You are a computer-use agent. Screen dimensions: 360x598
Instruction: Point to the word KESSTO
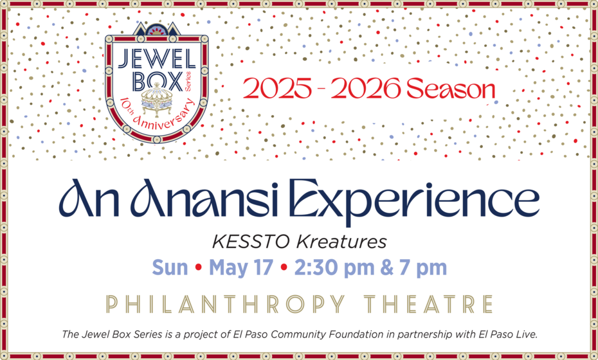point(252,242)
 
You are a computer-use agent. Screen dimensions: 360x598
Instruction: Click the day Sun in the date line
point(170,267)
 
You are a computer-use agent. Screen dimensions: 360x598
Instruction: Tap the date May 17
point(241,267)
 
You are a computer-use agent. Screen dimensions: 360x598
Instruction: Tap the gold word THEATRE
point(429,303)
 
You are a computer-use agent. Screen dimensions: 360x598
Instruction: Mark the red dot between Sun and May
point(199,267)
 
